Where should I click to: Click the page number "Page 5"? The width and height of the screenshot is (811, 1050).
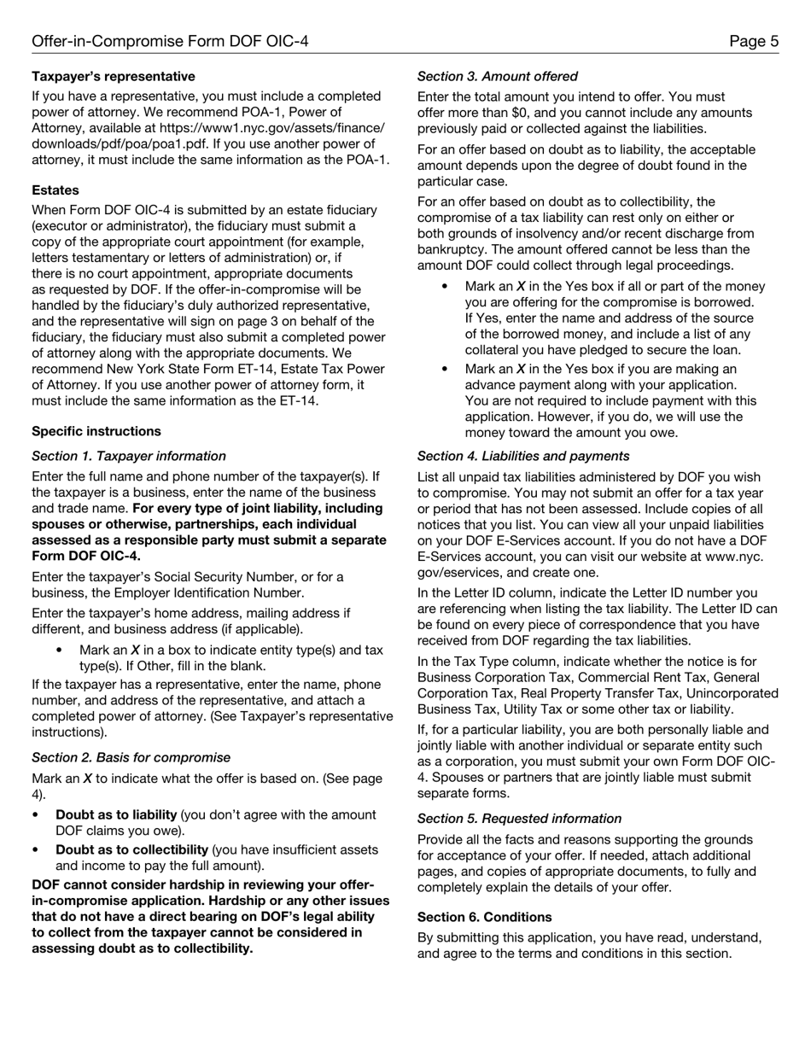click(x=754, y=41)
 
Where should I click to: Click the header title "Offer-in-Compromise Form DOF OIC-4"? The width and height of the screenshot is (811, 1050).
click(x=170, y=41)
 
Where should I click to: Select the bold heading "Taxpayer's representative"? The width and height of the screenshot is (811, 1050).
click(x=114, y=77)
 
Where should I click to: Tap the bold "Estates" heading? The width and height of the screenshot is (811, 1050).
click(x=55, y=190)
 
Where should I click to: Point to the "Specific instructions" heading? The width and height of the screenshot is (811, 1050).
click(x=96, y=431)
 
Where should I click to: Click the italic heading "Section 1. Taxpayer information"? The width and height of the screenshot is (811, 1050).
click(x=129, y=456)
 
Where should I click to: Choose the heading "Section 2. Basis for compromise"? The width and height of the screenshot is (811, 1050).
click(x=131, y=757)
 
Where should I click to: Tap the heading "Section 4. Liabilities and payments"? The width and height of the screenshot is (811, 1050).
click(x=523, y=456)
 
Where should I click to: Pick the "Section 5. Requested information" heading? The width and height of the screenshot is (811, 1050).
click(x=519, y=819)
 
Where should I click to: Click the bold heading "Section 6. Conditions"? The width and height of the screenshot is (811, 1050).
click(x=484, y=917)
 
